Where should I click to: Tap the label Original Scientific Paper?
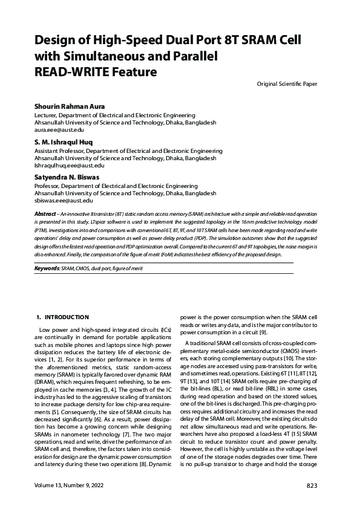(287, 83)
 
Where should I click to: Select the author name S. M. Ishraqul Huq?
(67, 142)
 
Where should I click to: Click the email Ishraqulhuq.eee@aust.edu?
(70, 165)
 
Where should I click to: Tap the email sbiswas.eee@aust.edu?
(64, 200)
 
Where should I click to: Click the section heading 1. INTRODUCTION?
(62, 317)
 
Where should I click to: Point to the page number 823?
(312, 486)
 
